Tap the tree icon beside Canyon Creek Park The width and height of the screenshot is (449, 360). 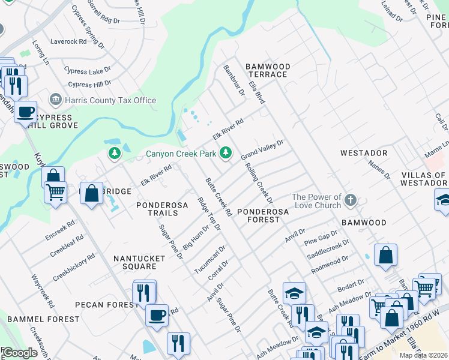point(226,154)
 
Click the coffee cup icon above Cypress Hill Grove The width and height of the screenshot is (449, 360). point(26,112)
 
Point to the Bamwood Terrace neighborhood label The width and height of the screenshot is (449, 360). point(268,70)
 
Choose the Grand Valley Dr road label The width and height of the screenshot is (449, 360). point(262,149)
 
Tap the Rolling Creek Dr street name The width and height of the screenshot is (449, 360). point(259,184)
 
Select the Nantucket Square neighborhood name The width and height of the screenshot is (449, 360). point(135,262)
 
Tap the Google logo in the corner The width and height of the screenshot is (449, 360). point(19,353)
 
